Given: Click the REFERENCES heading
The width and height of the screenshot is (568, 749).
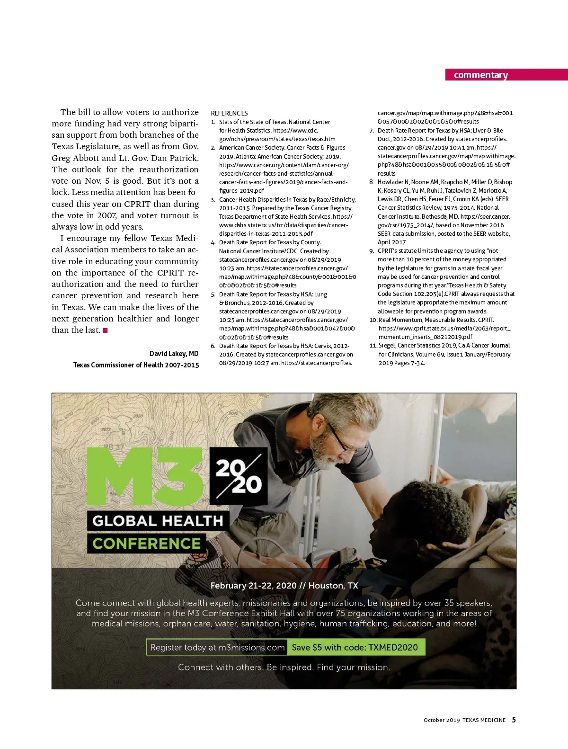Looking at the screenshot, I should click(229, 113).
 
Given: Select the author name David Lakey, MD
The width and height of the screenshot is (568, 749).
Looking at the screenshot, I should click(174, 354).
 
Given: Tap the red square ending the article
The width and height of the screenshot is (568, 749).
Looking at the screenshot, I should click(105, 330).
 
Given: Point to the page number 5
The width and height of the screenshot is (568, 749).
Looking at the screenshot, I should click(514, 720).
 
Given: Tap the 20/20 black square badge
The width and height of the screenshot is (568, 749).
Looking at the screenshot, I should click(239, 476).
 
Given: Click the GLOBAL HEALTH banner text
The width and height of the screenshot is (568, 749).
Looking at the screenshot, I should click(158, 521).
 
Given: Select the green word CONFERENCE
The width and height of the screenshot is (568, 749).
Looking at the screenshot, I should click(146, 544).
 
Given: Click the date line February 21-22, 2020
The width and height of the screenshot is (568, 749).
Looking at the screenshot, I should click(284, 586).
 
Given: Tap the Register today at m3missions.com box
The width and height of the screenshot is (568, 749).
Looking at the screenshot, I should click(217, 647).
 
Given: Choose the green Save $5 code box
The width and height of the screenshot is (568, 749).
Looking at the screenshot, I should click(355, 647).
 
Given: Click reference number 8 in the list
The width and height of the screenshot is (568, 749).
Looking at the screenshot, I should click(372, 182).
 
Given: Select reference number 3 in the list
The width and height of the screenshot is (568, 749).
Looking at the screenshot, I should click(213, 200).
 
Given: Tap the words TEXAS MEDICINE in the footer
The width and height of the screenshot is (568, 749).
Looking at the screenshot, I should click(484, 720).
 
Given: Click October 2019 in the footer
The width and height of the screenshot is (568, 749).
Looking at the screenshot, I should click(441, 720).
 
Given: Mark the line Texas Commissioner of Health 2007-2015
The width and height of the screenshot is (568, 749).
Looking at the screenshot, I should click(136, 365).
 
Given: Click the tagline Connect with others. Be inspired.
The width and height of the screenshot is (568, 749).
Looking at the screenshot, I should click(284, 667).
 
